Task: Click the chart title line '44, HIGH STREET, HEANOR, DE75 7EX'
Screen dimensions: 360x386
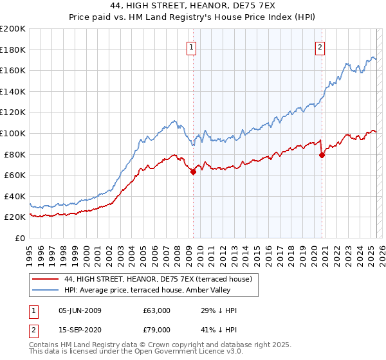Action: [193, 6]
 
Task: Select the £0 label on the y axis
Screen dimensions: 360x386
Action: [20, 238]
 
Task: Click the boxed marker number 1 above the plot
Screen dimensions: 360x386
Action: [192, 46]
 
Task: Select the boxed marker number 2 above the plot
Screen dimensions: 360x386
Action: [320, 46]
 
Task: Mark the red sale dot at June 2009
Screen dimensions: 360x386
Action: [193, 172]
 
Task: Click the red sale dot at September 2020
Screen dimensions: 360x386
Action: [322, 155]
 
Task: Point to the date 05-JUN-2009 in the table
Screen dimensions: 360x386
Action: [80, 310]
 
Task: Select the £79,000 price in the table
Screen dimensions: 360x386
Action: [156, 328]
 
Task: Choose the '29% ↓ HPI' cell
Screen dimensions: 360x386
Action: [219, 310]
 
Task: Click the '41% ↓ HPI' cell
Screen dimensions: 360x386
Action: [219, 328]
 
